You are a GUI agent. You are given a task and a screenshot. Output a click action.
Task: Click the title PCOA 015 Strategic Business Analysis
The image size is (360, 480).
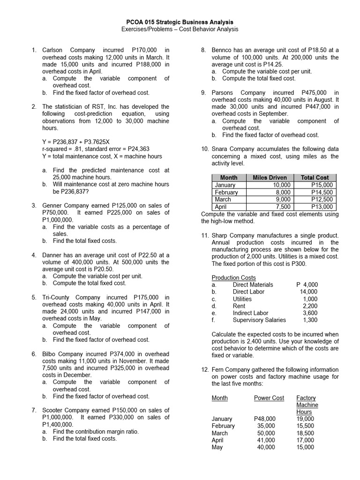180,22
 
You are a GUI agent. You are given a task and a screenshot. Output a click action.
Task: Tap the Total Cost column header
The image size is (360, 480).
315,178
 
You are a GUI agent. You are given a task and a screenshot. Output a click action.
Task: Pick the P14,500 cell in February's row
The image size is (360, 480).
322,192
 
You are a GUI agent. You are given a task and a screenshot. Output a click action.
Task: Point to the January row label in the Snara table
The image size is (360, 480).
225,185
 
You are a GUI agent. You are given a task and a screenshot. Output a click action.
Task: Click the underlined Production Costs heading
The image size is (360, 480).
234,277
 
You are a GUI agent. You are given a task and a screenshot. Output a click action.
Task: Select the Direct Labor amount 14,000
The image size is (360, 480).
308,292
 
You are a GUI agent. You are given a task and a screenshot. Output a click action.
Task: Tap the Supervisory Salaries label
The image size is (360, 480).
259,320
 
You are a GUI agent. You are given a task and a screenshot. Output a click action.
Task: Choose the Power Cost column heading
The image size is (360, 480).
269,398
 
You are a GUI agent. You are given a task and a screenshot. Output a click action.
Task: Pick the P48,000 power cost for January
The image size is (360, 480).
265,419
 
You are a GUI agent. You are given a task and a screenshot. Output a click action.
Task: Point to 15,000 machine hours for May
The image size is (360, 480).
305,447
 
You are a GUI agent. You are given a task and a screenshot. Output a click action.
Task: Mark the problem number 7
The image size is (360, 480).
34,410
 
